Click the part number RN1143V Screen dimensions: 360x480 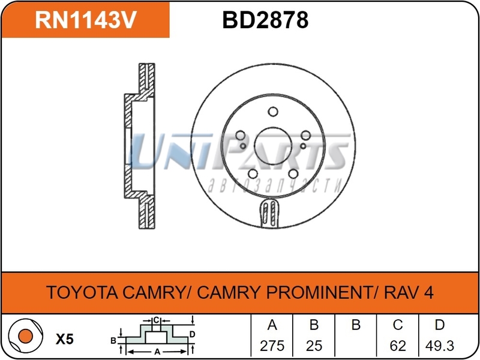pyautogui.click(x=86, y=20)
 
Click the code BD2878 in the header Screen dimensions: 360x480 pyautogui.click(x=265, y=20)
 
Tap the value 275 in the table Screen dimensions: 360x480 pyautogui.click(x=271, y=346)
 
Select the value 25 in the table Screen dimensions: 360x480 pyautogui.click(x=313, y=346)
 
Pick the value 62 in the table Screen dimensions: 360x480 pyautogui.click(x=397, y=346)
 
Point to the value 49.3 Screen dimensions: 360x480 pyautogui.click(x=440, y=346)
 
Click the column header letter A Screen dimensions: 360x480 pyautogui.click(x=271, y=325)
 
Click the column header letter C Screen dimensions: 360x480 pyautogui.click(x=397, y=325)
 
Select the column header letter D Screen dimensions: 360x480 pyautogui.click(x=440, y=325)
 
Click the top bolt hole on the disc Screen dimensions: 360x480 pyautogui.click(x=272, y=112)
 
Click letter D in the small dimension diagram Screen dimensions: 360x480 pyautogui.click(x=191, y=334)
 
